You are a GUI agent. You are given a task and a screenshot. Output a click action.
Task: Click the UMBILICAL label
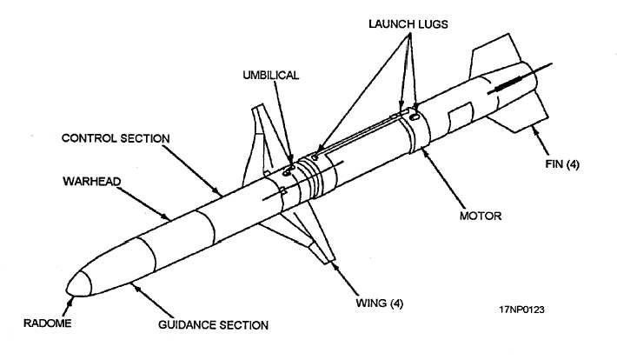270,76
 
